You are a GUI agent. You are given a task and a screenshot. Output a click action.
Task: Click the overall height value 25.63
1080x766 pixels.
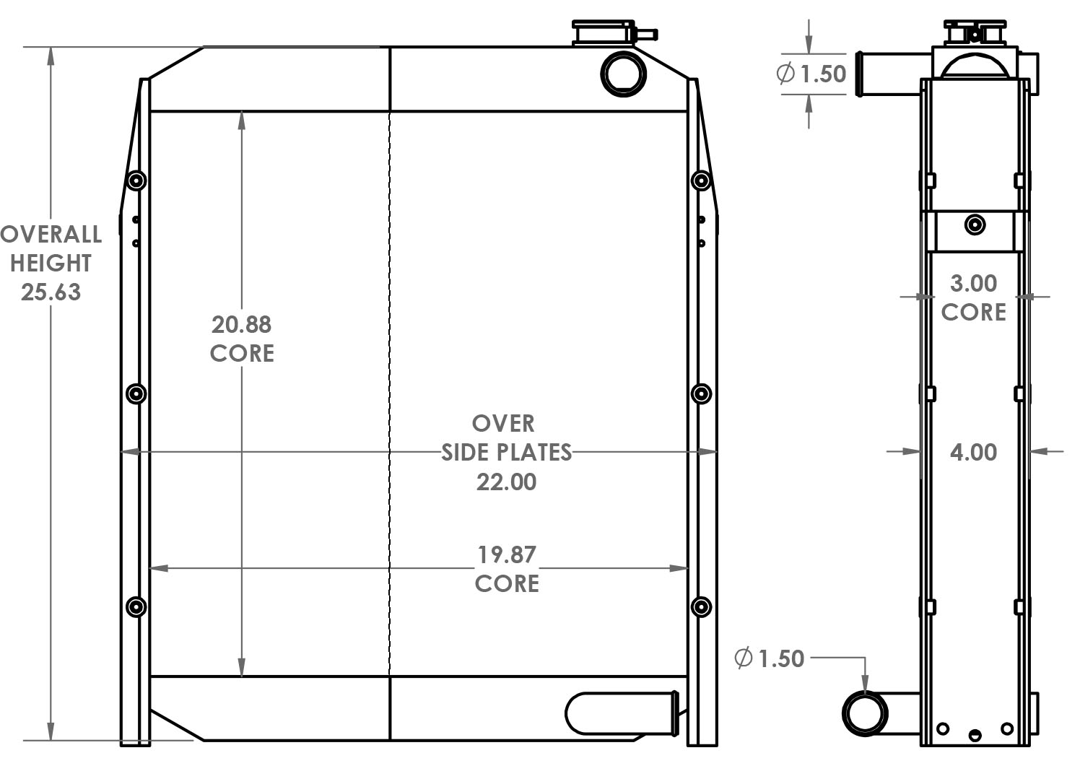point(51,292)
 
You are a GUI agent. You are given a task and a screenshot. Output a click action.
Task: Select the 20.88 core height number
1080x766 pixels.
point(241,324)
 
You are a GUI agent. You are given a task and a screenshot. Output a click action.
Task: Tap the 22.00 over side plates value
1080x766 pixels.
point(506,482)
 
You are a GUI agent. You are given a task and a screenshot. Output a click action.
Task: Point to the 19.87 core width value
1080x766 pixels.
point(506,554)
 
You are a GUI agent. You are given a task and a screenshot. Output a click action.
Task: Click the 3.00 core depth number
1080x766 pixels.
point(973,283)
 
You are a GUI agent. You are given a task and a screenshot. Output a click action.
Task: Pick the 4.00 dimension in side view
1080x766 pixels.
point(973,452)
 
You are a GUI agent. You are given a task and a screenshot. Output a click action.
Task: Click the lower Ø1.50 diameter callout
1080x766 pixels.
point(769,658)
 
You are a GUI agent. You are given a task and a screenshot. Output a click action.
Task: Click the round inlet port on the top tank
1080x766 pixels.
point(623,73)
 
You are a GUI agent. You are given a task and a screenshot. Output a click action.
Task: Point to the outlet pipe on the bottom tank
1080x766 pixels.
point(621,713)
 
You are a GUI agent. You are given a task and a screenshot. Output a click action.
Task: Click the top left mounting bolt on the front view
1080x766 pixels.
point(136,180)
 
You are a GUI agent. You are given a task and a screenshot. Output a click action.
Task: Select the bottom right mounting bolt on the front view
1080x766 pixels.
point(701,606)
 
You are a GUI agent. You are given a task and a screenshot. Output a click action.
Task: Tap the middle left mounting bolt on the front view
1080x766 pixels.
point(136,393)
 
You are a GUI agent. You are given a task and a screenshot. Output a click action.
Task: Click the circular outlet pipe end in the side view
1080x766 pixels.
point(864,713)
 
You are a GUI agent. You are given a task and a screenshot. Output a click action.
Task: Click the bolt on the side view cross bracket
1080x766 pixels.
point(975,225)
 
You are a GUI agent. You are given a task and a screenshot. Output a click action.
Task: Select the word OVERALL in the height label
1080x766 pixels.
point(51,234)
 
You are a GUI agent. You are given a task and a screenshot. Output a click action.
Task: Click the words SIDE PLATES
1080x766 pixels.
point(506,453)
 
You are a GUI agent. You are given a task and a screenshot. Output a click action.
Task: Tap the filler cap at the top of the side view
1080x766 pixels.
point(975,32)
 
